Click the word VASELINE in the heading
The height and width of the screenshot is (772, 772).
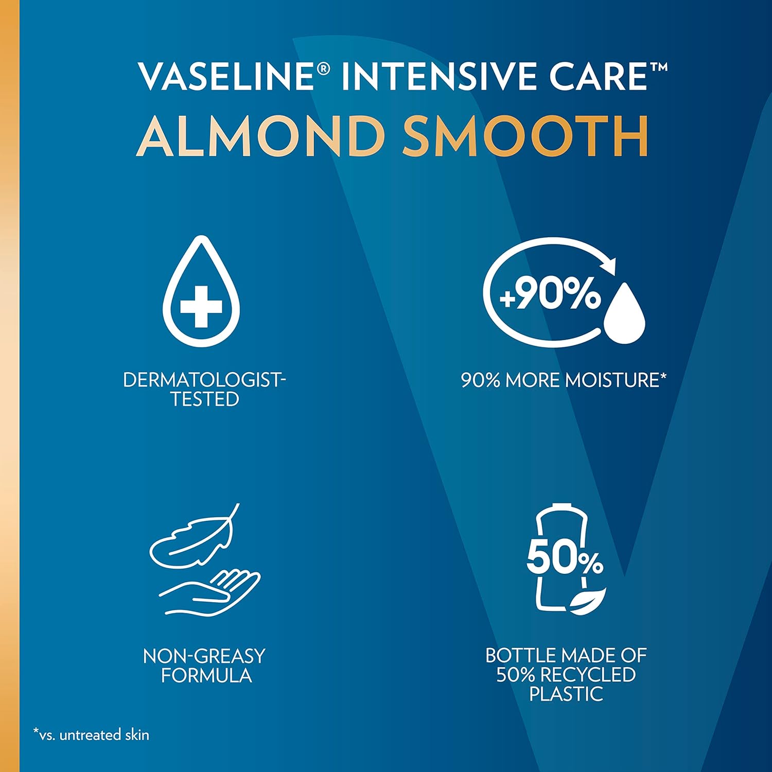click(226, 76)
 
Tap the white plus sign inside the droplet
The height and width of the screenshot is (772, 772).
click(201, 307)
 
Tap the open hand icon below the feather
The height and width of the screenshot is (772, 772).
click(211, 592)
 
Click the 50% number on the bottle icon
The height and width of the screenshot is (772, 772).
click(565, 559)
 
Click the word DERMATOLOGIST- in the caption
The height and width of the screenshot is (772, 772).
click(204, 380)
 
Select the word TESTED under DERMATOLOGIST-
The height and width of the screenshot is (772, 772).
click(204, 399)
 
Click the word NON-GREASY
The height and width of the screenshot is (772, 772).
click(204, 656)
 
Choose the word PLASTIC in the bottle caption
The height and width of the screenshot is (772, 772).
click(566, 694)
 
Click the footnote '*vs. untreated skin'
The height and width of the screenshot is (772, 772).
click(91, 734)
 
